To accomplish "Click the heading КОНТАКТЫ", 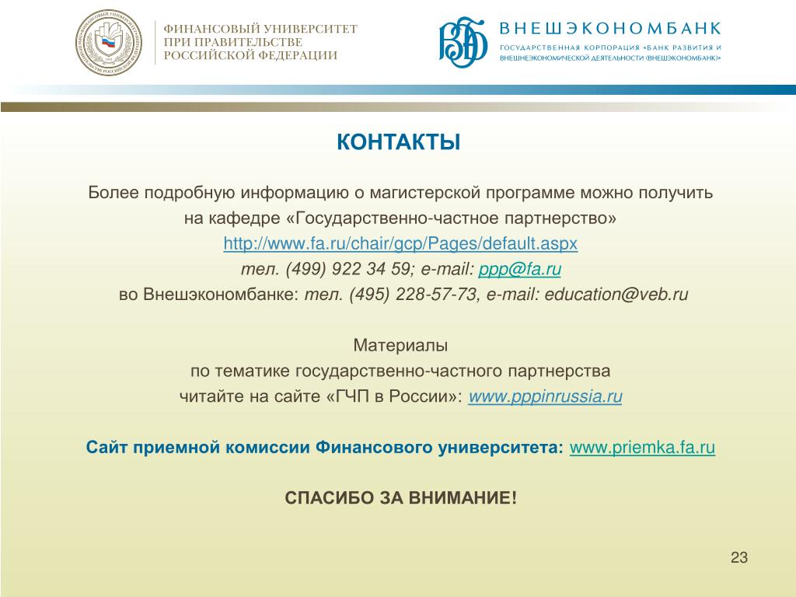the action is [399, 142].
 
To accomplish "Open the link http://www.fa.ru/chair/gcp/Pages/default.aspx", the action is [400, 243].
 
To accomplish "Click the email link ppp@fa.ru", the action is [520, 269].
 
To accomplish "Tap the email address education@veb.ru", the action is [616, 295].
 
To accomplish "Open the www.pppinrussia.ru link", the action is [545, 396].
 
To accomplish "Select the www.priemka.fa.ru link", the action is [642, 447].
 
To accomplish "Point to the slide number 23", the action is [739, 557].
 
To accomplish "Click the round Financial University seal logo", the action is [109, 43].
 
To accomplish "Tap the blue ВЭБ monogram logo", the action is [463, 42].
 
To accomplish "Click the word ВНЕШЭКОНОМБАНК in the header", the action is [610, 29].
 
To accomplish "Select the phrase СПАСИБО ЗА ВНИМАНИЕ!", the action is [400, 497].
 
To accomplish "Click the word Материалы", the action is [400, 345].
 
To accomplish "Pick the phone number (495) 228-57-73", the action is [414, 295].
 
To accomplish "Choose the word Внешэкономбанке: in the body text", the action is [222, 295].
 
